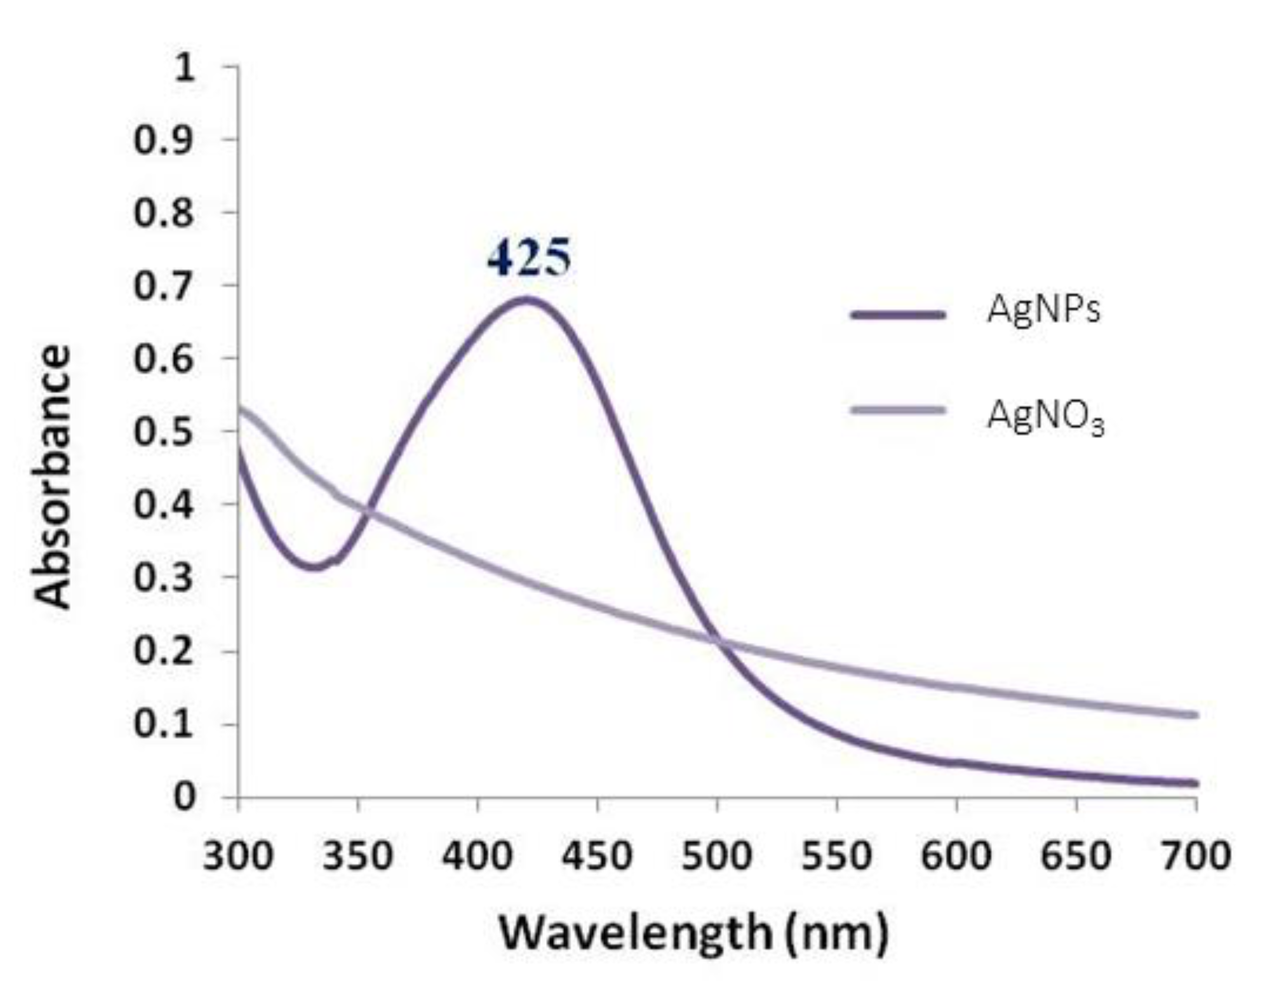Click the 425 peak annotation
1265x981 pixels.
529,258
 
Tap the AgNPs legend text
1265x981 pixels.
1043,310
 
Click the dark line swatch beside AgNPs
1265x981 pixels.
898,314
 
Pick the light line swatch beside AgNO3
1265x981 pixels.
898,410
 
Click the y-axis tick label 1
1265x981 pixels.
184,69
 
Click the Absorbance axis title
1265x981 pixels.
53,476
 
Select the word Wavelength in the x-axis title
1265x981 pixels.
635,933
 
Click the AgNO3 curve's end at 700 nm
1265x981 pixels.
1195,715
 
